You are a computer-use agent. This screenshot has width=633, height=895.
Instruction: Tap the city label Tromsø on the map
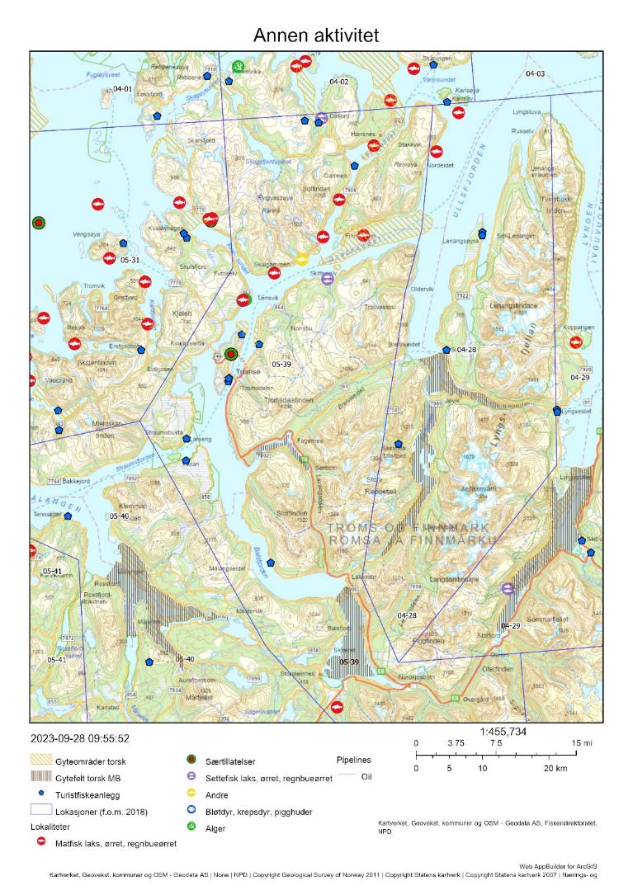[x=248, y=372]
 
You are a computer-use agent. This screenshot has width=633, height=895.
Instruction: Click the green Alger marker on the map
[x=238, y=65]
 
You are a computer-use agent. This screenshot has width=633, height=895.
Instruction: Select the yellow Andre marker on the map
[x=303, y=259]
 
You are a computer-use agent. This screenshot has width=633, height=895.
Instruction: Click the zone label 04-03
[x=535, y=74]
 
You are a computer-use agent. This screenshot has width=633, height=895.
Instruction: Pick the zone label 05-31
[x=130, y=260]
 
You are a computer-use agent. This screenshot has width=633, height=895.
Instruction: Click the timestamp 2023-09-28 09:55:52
[x=79, y=738]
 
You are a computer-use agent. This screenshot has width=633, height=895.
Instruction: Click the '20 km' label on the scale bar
[x=554, y=769]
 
